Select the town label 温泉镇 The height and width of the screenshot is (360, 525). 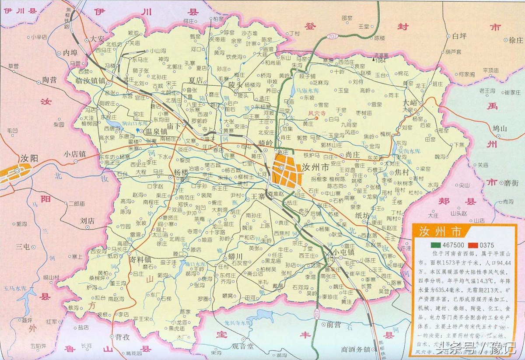click(x=156, y=132)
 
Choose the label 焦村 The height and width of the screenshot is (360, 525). click(x=401, y=173)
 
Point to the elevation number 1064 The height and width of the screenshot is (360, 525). click(x=380, y=61)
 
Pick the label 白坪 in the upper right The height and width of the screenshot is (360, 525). click(x=460, y=36)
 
